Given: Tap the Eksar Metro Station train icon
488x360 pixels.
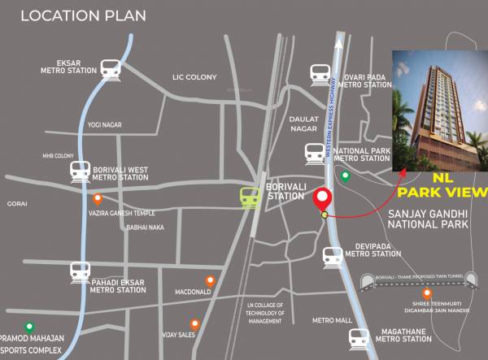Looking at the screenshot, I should pyautogui.click(x=108, y=70).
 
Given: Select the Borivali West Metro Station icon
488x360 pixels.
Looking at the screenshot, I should pyautogui.click(x=80, y=171).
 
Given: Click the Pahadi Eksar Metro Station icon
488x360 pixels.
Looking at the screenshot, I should pyautogui.click(x=80, y=271).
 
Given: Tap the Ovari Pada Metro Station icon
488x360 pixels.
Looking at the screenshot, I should pyautogui.click(x=320, y=76).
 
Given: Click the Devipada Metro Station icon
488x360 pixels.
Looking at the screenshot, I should pyautogui.click(x=332, y=257).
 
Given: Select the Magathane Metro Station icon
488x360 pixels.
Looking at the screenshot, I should pyautogui.click(x=359, y=336).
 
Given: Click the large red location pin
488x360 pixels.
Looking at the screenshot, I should pyautogui.click(x=324, y=199).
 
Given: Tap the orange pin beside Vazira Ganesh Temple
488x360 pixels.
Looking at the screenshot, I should pyautogui.click(x=98, y=197).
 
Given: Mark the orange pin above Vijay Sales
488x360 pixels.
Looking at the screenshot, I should pyautogui.click(x=194, y=323).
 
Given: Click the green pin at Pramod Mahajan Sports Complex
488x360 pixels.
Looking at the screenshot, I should pyautogui.click(x=29, y=327).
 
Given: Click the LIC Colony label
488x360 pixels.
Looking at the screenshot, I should pyautogui.click(x=194, y=77).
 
